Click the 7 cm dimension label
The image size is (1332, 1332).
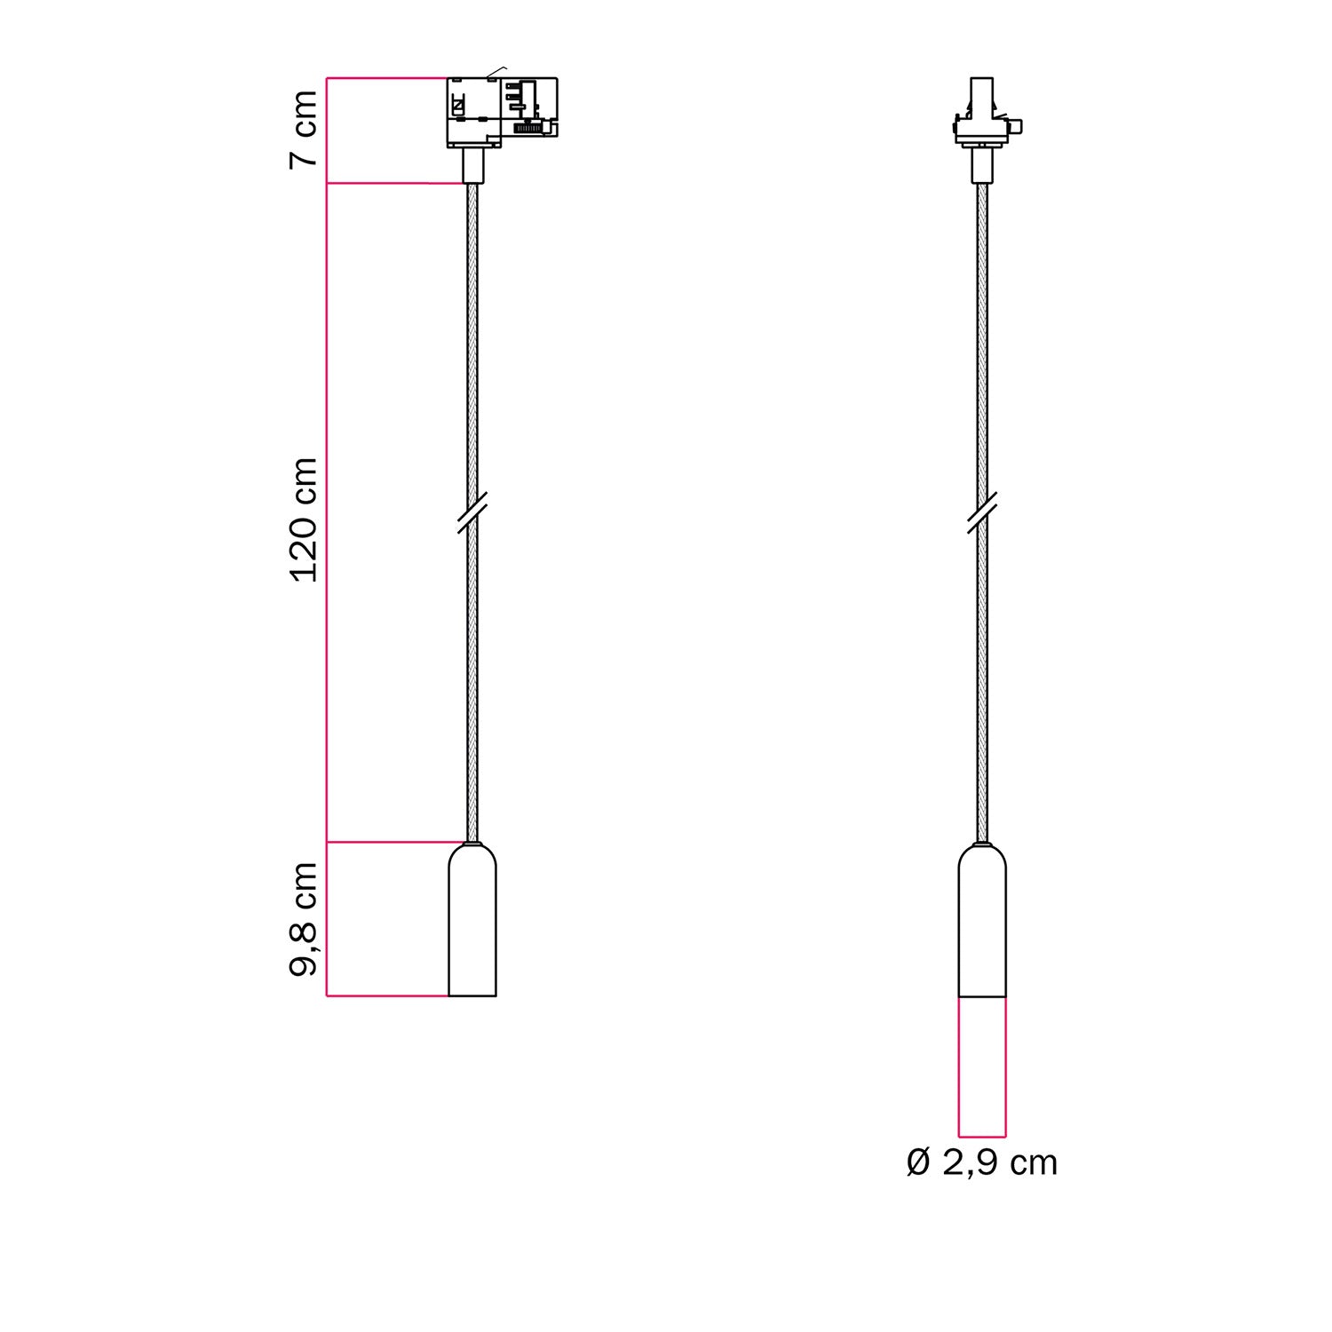(x=305, y=128)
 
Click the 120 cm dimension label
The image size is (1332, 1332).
(x=305, y=520)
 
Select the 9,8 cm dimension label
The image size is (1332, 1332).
(x=305, y=920)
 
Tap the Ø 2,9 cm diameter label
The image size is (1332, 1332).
(x=982, y=1162)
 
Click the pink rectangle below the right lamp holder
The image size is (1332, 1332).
(x=982, y=1066)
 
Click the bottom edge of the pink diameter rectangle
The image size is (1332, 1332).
(x=982, y=1136)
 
